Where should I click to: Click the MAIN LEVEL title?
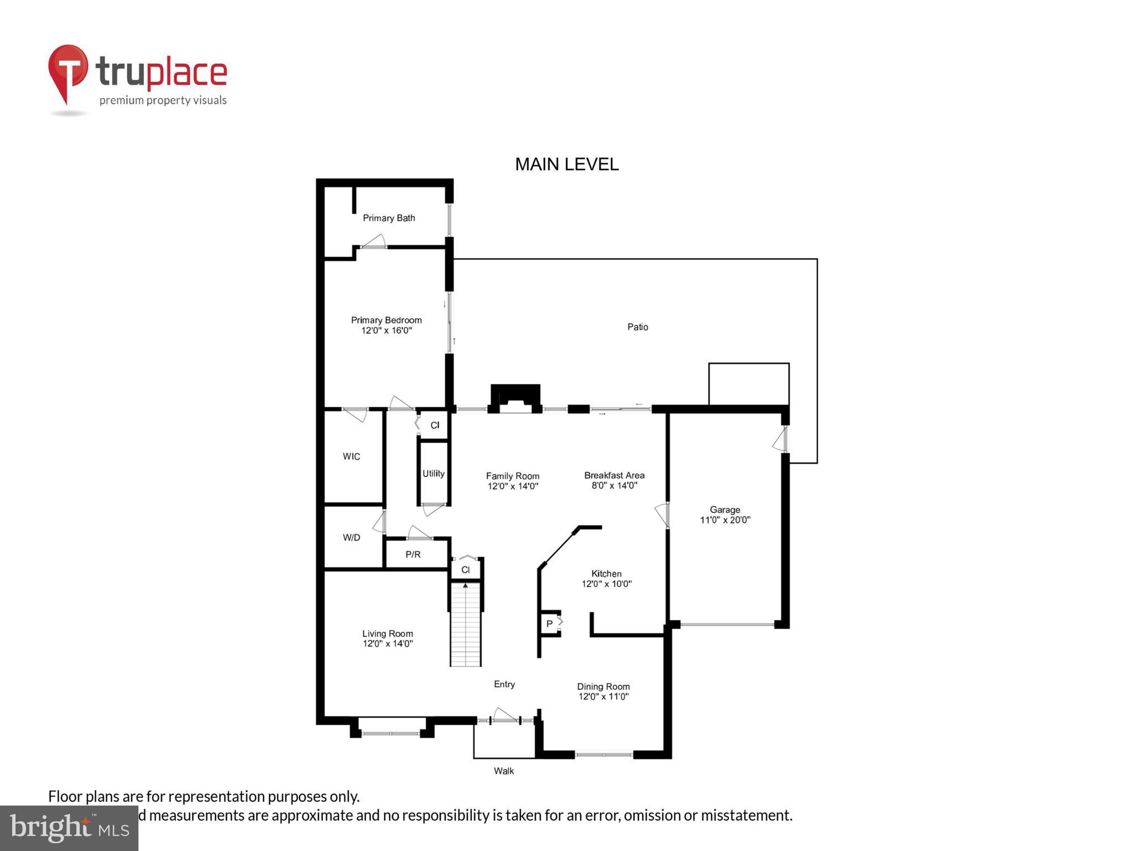[566, 164]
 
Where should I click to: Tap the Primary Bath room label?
[389, 218]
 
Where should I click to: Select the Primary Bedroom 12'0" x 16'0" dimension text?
[386, 330]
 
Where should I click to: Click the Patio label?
[637, 327]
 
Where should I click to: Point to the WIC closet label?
[351, 456]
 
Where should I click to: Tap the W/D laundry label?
[351, 537]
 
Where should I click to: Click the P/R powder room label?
[413, 554]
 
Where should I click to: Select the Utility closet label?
[433, 473]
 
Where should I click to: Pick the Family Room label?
[512, 476]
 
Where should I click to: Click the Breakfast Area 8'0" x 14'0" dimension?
[614, 485]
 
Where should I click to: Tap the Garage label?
[725, 509]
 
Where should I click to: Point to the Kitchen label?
[606, 573]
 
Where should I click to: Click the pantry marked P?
[549, 624]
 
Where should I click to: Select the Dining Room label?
[603, 686]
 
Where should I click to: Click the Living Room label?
[387, 633]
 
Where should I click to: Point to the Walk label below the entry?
[504, 771]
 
